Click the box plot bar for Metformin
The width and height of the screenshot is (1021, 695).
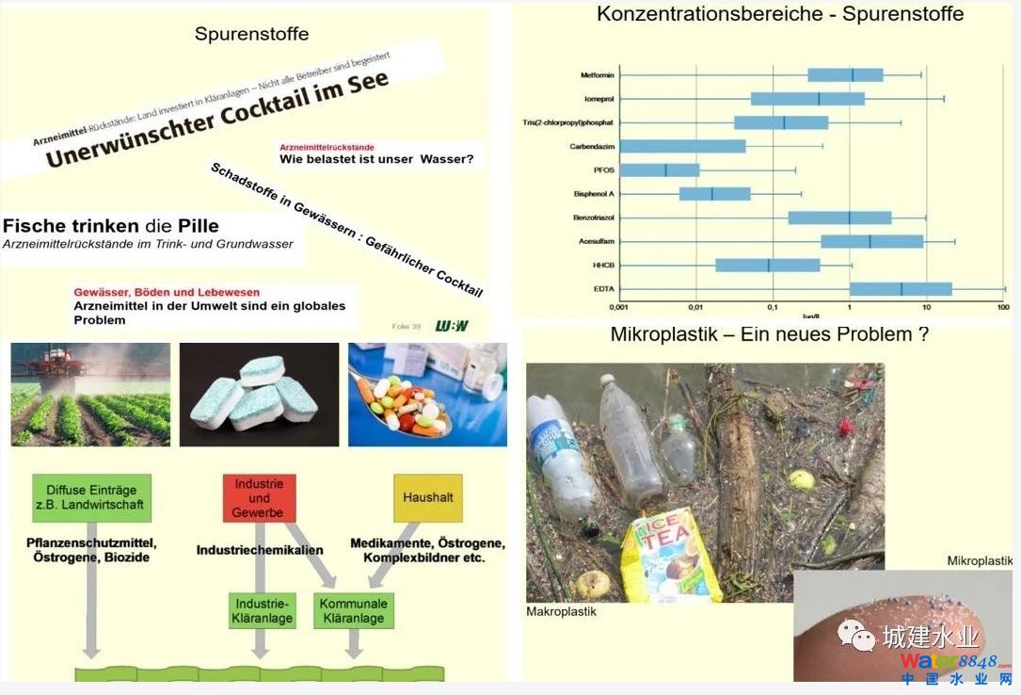pyautogui.click(x=845, y=74)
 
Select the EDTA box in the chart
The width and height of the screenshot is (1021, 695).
pyautogui.click(x=901, y=289)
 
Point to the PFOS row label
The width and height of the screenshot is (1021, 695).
pyautogui.click(x=602, y=170)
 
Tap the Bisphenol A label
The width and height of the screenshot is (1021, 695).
pyautogui.click(x=594, y=194)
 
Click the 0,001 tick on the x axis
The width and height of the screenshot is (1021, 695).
pyautogui.click(x=618, y=308)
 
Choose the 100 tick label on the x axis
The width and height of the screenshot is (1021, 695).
pyautogui.click(x=1003, y=308)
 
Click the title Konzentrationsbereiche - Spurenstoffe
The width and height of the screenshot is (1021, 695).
pyautogui.click(x=780, y=14)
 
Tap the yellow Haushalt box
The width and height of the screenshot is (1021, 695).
pyautogui.click(x=427, y=497)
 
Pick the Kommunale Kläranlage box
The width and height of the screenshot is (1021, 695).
pyautogui.click(x=353, y=611)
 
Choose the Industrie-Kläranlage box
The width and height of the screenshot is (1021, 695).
pyautogui.click(x=263, y=611)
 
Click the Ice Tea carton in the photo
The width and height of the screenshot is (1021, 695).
pyautogui.click(x=671, y=557)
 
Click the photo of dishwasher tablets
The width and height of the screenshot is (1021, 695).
pyautogui.click(x=259, y=395)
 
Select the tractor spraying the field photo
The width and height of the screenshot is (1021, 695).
pyautogui.click(x=90, y=395)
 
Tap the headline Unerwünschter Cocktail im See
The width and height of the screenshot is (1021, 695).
pyautogui.click(x=216, y=120)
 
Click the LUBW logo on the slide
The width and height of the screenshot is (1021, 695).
pyautogui.click(x=452, y=326)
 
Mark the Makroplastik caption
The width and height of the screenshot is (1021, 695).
pyautogui.click(x=561, y=612)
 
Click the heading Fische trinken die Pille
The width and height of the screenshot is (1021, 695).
pyautogui.click(x=111, y=226)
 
